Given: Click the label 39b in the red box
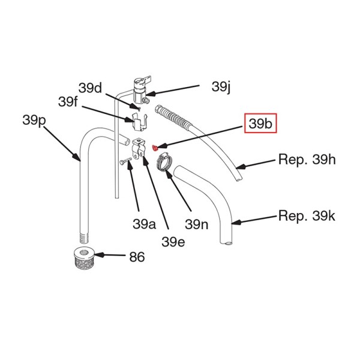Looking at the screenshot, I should point(260,124).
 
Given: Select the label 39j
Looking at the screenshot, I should point(221,86).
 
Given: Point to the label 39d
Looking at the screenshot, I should point(90,88).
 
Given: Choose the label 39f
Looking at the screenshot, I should point(68,101).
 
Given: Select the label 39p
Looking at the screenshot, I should point(34,121).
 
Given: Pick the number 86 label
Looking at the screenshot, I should point(137,257).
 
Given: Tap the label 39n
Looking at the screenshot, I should point(196,224).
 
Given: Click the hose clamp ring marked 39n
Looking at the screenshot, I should point(164,162).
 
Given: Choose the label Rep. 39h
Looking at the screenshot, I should point(307,161).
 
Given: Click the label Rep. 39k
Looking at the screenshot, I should point(307,215).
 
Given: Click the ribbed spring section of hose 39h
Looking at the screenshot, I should point(171,115).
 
